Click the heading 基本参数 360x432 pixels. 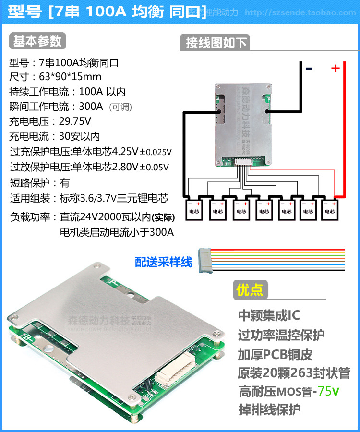(x=37, y=41)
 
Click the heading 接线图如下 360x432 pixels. (x=216, y=43)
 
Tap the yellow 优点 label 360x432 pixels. (x=250, y=290)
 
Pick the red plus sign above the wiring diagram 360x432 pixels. (x=335, y=68)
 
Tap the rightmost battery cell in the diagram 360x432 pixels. (x=329, y=207)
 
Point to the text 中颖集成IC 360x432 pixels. (x=269, y=315)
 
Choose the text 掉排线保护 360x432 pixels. (x=270, y=410)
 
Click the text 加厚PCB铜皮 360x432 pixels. (x=275, y=354)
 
